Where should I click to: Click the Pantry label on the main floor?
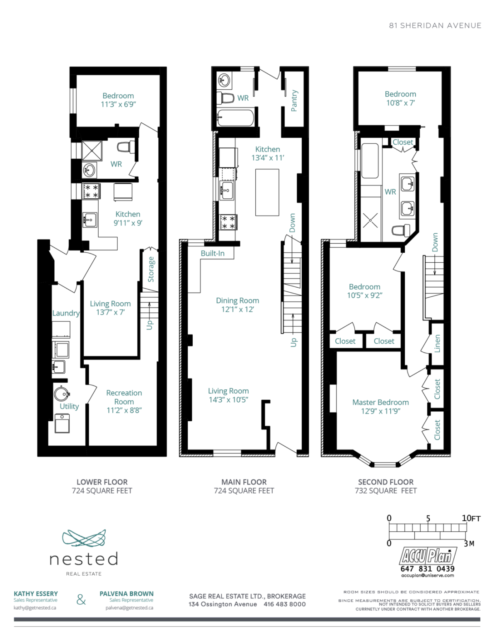tap(294, 101)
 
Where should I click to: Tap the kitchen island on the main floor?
tap(267, 192)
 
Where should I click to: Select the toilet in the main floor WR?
tap(225, 98)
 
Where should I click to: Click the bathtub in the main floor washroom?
tap(235, 117)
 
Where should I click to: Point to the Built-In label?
tap(213, 253)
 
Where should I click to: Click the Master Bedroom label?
tap(380, 402)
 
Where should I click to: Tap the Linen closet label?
tap(437, 343)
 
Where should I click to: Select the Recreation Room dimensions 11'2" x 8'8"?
tap(124, 410)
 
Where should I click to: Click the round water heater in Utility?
tap(62, 393)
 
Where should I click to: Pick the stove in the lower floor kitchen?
tap(91, 191)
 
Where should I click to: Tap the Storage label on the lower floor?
tap(151, 269)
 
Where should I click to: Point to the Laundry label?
tap(66, 313)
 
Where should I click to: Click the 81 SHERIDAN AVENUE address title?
tap(435, 26)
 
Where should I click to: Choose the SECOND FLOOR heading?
tap(386, 482)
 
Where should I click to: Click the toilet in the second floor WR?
tap(400, 230)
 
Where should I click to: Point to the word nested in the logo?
tap(84, 559)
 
